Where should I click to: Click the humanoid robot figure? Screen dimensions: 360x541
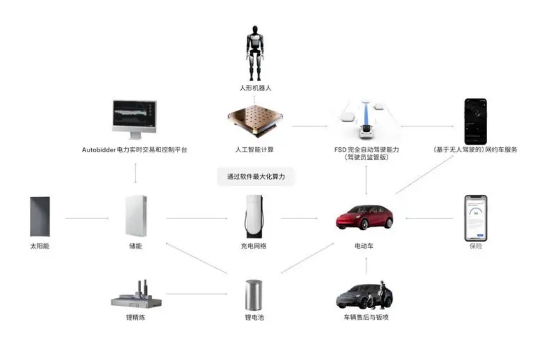[x=255, y=53]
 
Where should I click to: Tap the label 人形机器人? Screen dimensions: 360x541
[x=255, y=88]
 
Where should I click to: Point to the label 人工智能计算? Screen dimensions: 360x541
[x=255, y=149]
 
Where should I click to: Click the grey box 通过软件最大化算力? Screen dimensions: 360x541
[x=255, y=177]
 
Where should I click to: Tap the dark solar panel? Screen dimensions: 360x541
[x=40, y=216]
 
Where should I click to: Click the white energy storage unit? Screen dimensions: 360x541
[x=135, y=216]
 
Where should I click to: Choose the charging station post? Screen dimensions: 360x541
[x=254, y=217]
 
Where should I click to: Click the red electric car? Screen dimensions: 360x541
[x=364, y=217]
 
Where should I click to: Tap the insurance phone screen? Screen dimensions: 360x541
[x=476, y=217]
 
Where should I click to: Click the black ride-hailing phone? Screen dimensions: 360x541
[x=475, y=121]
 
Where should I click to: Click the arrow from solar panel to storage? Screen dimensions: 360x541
[x=87, y=218]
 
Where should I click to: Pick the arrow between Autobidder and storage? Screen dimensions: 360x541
[x=136, y=173]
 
